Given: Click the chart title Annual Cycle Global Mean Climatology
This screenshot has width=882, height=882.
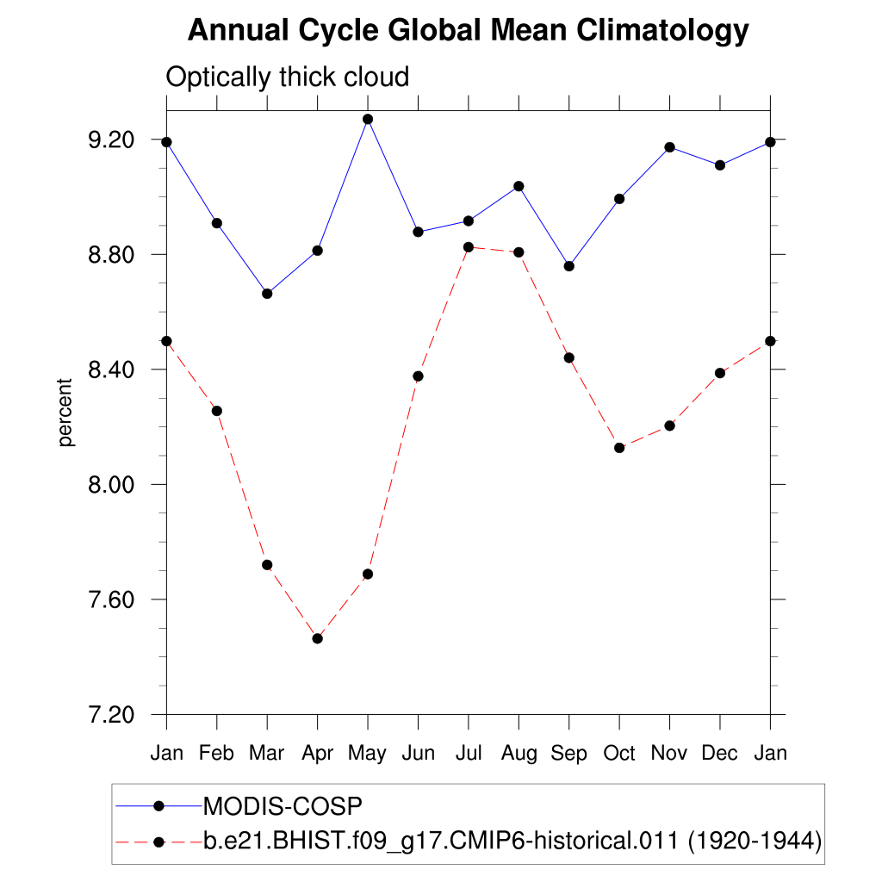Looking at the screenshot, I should click(468, 31).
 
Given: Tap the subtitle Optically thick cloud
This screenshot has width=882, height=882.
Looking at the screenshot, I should click(287, 78).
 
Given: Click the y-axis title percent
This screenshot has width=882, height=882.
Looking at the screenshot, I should click(66, 413).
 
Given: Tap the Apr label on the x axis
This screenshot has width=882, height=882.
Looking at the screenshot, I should click(317, 754).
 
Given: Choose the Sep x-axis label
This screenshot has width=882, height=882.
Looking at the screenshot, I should click(568, 754).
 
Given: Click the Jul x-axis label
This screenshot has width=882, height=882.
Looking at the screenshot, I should click(468, 754).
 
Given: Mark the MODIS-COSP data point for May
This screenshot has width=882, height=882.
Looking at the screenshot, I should click(368, 119).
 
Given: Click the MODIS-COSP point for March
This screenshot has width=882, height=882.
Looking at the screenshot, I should click(267, 294).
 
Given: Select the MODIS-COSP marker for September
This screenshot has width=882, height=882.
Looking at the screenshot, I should click(568, 266).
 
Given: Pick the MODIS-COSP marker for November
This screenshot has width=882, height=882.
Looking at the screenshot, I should click(669, 147).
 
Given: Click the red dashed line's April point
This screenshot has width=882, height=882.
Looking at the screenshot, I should click(317, 638).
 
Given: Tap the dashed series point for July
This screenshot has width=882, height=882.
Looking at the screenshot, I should click(468, 247).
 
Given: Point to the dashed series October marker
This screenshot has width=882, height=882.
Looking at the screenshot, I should click(619, 448).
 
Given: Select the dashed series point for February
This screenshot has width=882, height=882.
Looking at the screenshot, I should click(217, 411).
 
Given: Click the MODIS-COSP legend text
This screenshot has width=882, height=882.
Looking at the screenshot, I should click(283, 807).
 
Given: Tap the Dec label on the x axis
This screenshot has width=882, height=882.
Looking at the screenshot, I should click(719, 754).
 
